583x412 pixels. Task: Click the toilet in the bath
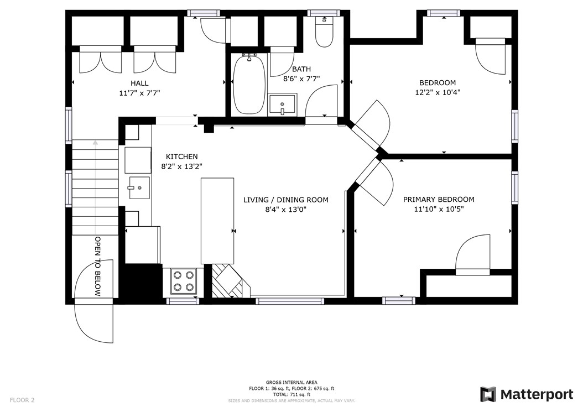[324, 32]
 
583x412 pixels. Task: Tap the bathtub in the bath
[249, 85]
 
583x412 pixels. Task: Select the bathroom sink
[283, 105]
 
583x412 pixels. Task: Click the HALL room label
[139, 83]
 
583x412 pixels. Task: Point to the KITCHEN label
[182, 157]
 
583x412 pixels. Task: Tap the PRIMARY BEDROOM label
[439, 200]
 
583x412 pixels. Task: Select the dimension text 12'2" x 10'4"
[438, 92]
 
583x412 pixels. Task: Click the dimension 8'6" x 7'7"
[301, 79]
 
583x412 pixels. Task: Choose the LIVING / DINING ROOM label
[286, 200]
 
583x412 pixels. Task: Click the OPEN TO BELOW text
[98, 266]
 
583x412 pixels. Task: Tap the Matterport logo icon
[488, 394]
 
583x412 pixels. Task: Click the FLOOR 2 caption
[22, 400]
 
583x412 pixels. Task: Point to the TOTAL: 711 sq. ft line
[291, 394]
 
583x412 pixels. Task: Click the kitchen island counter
[217, 221]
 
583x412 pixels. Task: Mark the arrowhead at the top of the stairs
[96, 142]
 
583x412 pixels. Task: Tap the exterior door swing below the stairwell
[93, 321]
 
